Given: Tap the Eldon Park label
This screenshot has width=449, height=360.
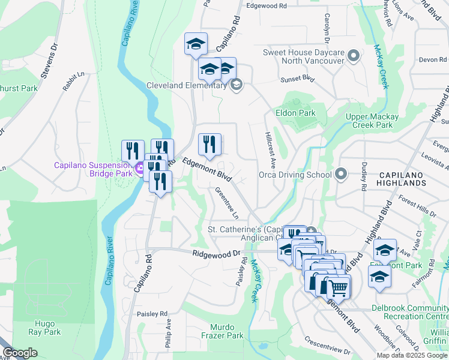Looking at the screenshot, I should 295,113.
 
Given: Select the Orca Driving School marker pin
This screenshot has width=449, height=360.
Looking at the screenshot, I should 341,175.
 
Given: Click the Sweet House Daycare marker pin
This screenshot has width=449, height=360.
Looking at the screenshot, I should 353,56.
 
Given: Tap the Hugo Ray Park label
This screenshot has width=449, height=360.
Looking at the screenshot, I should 44,328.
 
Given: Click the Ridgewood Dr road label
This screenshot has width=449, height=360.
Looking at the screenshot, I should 216,254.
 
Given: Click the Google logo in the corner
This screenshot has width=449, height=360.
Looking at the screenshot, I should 20,353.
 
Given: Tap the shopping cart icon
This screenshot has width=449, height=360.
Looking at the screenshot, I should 338,287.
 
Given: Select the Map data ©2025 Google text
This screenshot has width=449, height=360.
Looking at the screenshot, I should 412,355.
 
